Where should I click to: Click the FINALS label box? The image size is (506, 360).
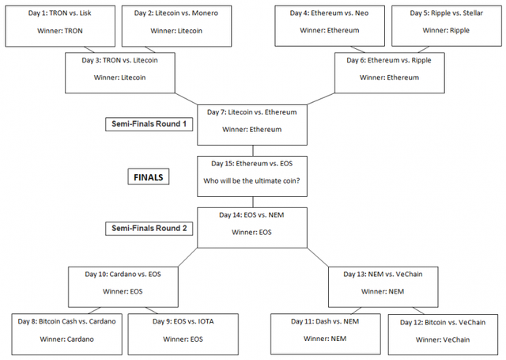(x=149, y=176)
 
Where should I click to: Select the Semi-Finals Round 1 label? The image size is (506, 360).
(x=149, y=124)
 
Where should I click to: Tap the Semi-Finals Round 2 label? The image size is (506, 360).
(x=149, y=229)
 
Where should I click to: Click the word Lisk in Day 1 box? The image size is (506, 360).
(x=85, y=13)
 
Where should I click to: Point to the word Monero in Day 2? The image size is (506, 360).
(x=205, y=13)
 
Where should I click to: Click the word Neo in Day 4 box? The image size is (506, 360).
(x=362, y=13)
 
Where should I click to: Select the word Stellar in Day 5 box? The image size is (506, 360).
(x=473, y=13)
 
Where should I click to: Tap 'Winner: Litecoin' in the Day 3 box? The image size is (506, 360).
(x=119, y=78)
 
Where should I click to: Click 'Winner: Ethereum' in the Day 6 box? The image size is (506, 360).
(x=389, y=78)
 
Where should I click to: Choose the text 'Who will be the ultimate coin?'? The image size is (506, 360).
(x=251, y=181)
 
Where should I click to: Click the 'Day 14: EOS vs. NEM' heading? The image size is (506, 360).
(x=251, y=215)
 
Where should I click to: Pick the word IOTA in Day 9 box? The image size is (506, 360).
(x=206, y=321)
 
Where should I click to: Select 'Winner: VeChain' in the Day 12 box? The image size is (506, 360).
(x=443, y=339)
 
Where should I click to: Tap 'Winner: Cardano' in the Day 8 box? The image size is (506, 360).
(x=66, y=339)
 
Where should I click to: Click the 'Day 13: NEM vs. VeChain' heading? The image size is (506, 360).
(x=383, y=274)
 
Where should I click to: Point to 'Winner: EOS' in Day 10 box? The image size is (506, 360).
(x=123, y=291)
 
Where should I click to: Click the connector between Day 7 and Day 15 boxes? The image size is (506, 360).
(x=253, y=151)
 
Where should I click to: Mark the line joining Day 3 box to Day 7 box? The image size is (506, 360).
(x=187, y=99)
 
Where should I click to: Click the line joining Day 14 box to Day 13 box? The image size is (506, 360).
(x=318, y=257)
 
